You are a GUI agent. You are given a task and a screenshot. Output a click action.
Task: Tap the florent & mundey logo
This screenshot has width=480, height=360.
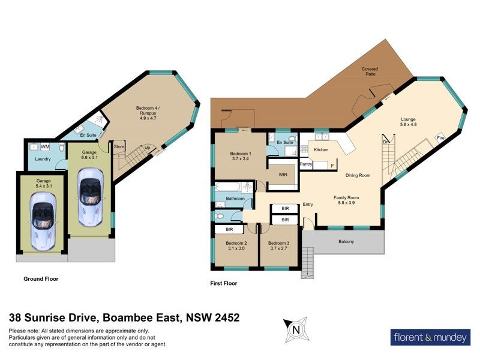pyautogui.click(x=430, y=337)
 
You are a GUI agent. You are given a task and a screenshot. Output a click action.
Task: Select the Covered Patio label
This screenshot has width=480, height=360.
pyautogui.click(x=370, y=72)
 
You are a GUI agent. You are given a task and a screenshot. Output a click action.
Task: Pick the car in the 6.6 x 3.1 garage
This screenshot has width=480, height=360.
pyautogui.click(x=89, y=197)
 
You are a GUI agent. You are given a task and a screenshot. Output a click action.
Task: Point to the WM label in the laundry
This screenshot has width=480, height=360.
pyautogui.click(x=45, y=146)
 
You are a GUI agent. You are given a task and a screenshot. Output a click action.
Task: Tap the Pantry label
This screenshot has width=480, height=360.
pyautogui.click(x=307, y=163)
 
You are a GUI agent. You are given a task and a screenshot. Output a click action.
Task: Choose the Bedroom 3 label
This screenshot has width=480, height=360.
pyautogui.click(x=279, y=245)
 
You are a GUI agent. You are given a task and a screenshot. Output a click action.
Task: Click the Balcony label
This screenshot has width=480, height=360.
pyautogui.click(x=346, y=242)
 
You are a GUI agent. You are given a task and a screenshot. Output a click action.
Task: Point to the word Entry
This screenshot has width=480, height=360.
pyautogui.click(x=308, y=205)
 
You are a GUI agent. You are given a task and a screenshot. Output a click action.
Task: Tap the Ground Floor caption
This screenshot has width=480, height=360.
pyautogui.click(x=41, y=279)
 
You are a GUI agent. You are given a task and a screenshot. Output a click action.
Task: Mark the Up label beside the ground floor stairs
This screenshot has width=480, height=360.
pyautogui.click(x=146, y=147)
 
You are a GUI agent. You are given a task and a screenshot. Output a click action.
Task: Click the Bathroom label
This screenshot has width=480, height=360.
pyautogui.click(x=235, y=198)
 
